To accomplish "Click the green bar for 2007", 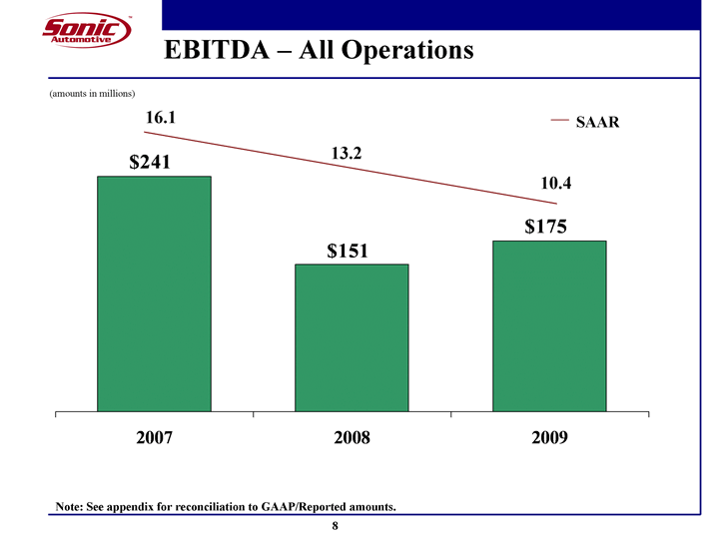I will [x=154, y=293].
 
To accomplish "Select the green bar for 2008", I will [x=352, y=337].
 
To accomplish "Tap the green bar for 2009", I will [x=549, y=325].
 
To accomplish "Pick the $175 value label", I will [x=546, y=227].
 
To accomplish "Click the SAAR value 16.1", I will [x=161, y=118].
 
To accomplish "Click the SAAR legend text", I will [x=598, y=122].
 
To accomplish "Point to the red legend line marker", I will [x=560, y=121].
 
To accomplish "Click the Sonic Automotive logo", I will [x=86, y=31].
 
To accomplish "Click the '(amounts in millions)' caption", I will [x=92, y=93].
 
